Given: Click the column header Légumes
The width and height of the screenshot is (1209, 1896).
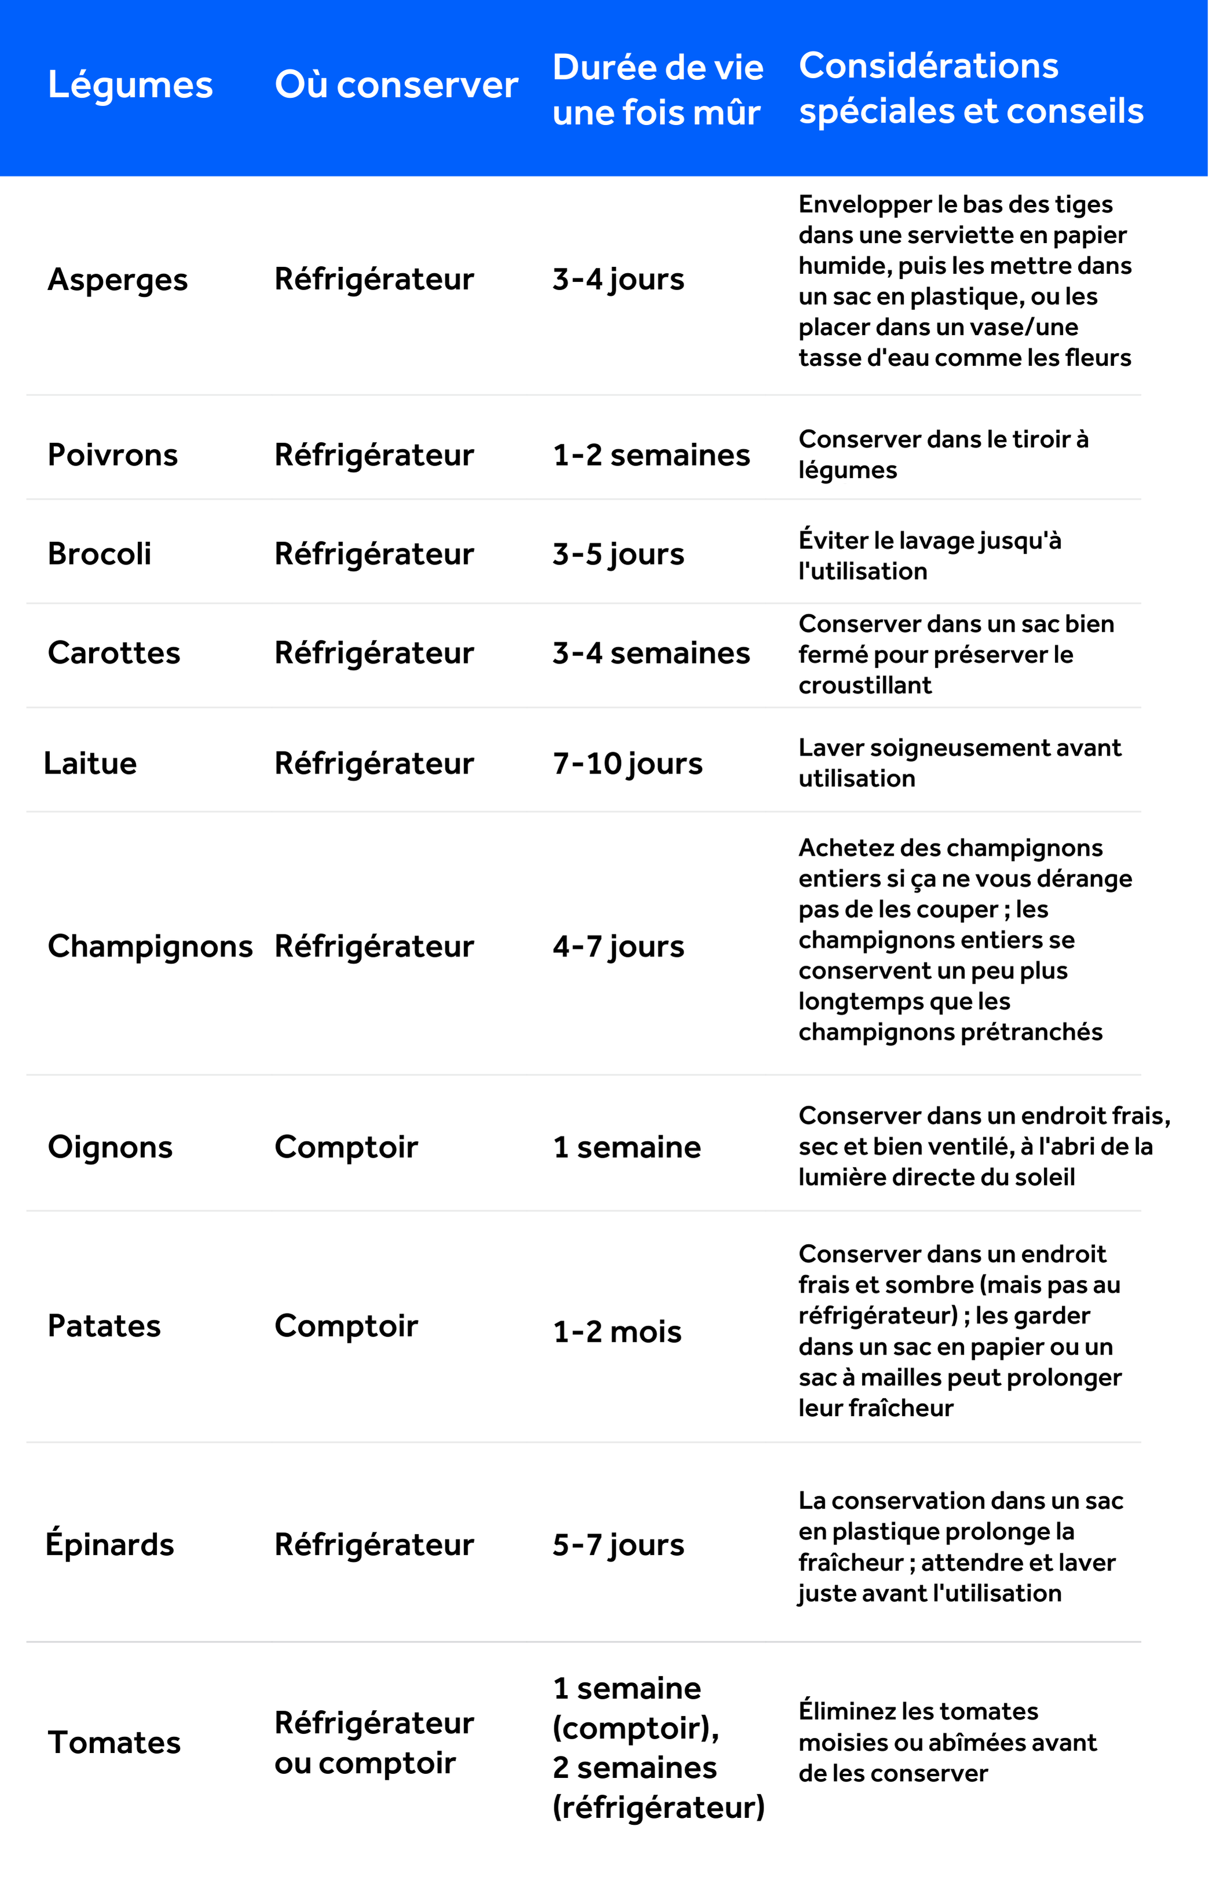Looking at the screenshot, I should point(130,85).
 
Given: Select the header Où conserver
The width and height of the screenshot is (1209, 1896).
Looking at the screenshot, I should point(396,85).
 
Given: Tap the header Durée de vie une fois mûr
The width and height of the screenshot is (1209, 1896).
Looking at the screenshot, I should point(658,89).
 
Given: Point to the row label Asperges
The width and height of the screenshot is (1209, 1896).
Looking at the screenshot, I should point(118,280).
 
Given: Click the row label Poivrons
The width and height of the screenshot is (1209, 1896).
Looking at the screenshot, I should point(112,455).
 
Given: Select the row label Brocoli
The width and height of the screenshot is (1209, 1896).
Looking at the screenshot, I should point(99,553).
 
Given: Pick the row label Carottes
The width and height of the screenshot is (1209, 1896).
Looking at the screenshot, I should point(114,652).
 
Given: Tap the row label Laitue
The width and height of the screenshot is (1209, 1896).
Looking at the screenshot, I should point(90,763).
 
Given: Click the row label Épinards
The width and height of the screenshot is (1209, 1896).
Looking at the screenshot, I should point(110,1544).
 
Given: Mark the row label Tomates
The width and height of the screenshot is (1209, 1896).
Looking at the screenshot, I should point(114,1743).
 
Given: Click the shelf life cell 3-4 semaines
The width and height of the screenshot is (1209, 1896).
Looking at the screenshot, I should point(651,652).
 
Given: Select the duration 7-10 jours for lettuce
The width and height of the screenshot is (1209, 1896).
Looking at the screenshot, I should point(627,763).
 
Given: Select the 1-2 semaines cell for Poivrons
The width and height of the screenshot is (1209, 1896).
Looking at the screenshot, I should point(651,455).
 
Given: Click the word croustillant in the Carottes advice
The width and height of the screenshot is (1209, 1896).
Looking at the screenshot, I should point(865,685).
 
